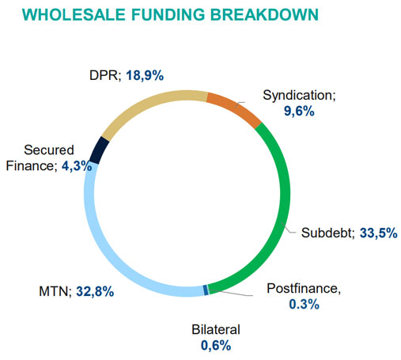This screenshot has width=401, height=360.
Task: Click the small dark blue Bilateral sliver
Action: pyautogui.click(x=206, y=290)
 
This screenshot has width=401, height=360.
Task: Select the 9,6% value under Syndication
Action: pyautogui.click(x=299, y=112)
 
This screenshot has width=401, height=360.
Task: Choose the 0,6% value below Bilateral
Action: pyautogui.click(x=215, y=344)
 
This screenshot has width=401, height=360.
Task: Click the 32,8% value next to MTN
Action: pyautogui.click(x=96, y=291)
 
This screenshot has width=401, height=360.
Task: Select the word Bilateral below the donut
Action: pyautogui.click(x=215, y=329)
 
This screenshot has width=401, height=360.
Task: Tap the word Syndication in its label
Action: pyautogui.click(x=298, y=96)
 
